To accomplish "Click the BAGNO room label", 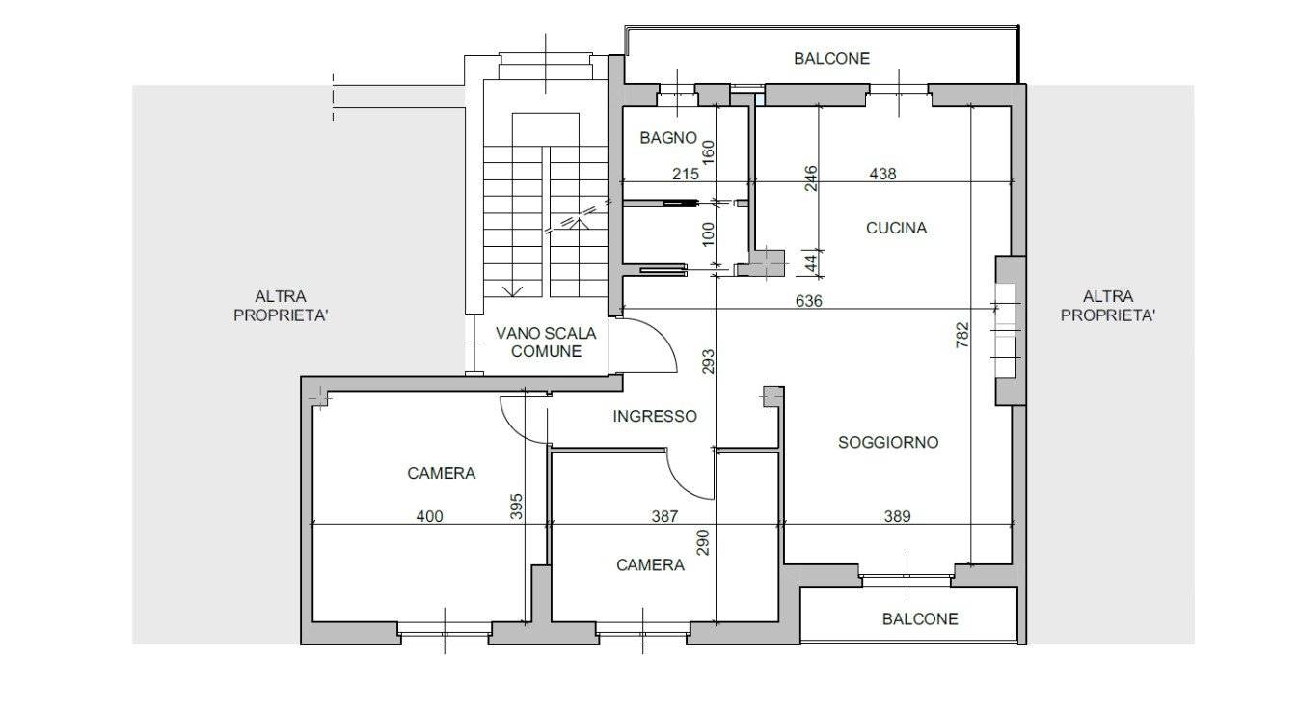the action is point(668,138).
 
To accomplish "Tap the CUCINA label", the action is point(896,228).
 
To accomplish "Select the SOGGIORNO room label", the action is point(888,442).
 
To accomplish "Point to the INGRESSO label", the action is point(655,416).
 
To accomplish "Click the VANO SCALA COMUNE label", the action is point(546,343).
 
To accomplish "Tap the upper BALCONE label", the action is point(831,59).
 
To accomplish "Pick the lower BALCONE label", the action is point(920,619).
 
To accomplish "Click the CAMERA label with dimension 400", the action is point(442,474).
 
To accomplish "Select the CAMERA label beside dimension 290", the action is point(650,564).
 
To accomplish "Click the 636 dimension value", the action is point(808,300).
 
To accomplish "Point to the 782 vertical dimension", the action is point(962,336).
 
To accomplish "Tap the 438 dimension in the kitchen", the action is point(882,174).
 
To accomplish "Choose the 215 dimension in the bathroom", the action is point(686,174).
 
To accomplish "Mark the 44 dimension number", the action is point(812,263).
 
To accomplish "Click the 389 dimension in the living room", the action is point(897,516).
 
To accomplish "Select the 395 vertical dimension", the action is point(516,506).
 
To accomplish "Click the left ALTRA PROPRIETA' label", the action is point(281,306).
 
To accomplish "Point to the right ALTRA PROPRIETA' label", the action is point(1108,306).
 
